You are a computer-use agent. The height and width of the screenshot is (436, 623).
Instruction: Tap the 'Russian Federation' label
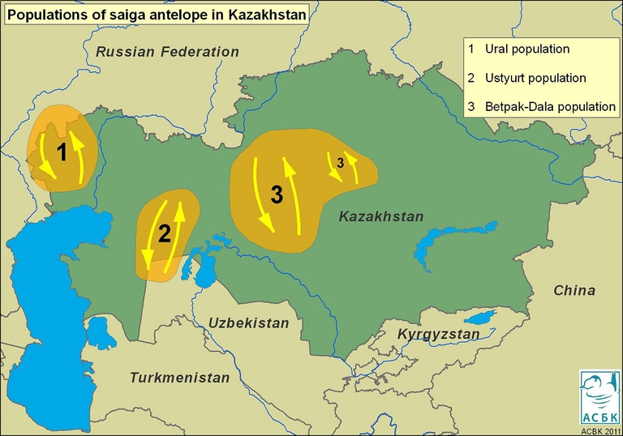pos(167,52)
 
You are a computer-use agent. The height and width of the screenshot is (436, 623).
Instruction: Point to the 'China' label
pos(574,290)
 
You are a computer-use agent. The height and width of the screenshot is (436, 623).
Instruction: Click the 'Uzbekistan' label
pos(248,323)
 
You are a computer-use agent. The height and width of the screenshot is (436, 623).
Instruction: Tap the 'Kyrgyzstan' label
pos(438,334)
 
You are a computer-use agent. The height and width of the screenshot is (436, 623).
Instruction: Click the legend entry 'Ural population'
pos(526,49)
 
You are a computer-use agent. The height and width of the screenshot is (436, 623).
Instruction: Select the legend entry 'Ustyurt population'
pos(535,79)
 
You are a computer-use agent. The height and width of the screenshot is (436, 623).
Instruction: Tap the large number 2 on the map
pos(164,235)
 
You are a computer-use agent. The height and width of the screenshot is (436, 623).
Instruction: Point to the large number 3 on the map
pos(277,194)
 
